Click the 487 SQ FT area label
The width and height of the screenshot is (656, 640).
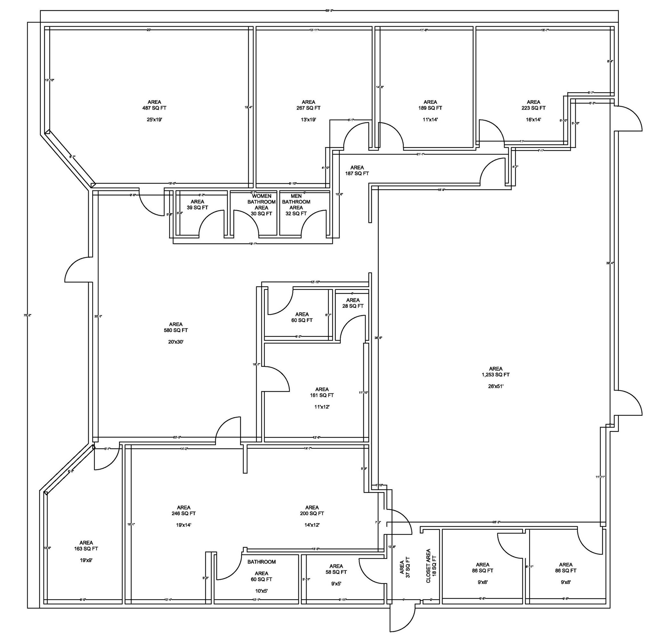coord(154,108)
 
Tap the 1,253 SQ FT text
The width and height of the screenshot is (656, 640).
coord(496,374)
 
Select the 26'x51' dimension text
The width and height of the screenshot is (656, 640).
coord(496,386)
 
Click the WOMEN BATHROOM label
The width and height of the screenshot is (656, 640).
coord(261,199)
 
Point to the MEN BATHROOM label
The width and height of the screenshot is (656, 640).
coord(296,199)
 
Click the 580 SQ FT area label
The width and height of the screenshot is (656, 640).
coord(176,330)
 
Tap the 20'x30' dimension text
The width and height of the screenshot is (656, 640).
coord(176,342)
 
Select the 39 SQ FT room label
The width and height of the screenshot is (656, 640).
coord(197,207)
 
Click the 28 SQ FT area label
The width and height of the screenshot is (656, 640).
coord(353,306)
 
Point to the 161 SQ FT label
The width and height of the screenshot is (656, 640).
coord(322,395)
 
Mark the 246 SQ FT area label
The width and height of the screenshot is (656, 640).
coord(184,513)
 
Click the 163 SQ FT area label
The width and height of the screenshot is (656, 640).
coord(86,549)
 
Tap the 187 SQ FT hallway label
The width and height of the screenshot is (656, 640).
coord(357,173)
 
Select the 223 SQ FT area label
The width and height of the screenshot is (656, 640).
coord(533,108)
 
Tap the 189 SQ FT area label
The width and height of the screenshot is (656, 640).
coord(430,108)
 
